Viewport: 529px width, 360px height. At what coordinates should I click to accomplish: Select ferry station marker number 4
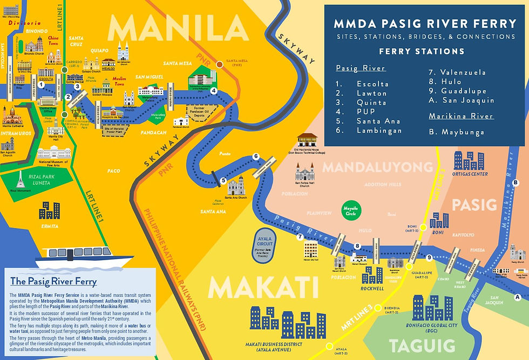point(214,91)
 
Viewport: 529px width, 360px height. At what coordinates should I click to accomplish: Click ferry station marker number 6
point(256,157)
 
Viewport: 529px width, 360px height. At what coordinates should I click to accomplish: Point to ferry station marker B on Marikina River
point(516,183)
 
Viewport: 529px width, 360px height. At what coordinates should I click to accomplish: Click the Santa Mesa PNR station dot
point(219,64)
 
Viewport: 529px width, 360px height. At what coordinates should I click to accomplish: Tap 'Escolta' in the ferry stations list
point(372,84)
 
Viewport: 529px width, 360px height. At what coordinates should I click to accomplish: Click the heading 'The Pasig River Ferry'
point(53,281)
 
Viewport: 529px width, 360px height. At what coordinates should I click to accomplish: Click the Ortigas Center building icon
point(469,161)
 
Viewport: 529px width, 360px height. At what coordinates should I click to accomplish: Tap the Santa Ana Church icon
point(236,187)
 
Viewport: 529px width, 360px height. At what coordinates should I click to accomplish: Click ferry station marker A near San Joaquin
point(518,297)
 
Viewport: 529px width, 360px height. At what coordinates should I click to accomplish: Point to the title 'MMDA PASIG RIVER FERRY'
point(425,24)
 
